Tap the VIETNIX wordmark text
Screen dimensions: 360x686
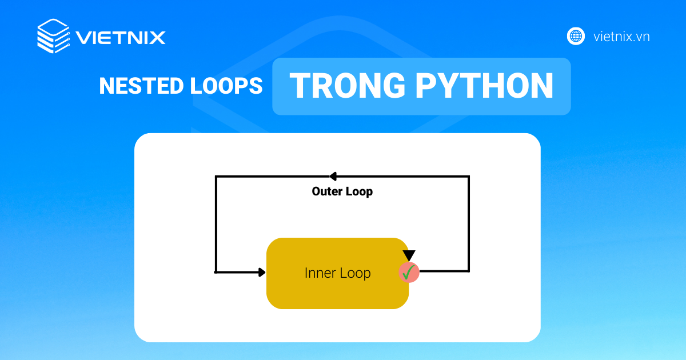(x=121, y=38)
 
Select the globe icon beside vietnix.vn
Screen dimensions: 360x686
(x=576, y=37)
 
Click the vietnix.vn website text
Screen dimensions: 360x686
(x=621, y=37)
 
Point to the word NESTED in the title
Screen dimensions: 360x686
(x=135, y=86)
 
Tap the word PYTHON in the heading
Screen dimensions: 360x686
(x=484, y=86)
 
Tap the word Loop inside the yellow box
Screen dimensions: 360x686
(x=355, y=273)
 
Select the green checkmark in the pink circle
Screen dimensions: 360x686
(x=409, y=273)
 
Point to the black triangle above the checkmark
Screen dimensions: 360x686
(x=409, y=255)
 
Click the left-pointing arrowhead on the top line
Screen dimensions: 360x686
(x=333, y=177)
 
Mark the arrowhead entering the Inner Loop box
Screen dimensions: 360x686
(x=262, y=272)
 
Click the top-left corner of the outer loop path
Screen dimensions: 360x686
(x=216, y=177)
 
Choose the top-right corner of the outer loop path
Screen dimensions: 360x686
(x=469, y=177)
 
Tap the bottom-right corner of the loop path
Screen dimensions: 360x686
(x=469, y=271)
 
